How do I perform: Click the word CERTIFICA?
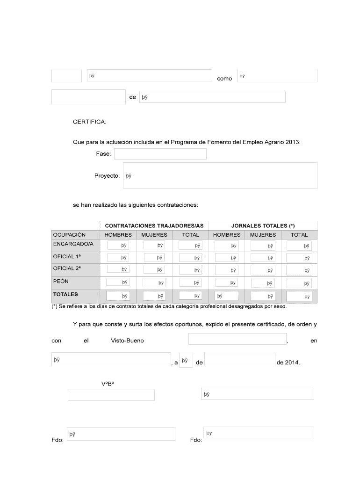[x=90, y=122]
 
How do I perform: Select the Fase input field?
[x=160, y=154]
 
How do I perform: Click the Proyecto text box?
[x=220, y=175]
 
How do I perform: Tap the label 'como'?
[x=224, y=79]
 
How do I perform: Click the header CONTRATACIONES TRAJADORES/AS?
[x=154, y=225]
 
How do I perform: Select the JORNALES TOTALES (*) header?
[x=263, y=225]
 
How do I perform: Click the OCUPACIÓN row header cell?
[x=70, y=235]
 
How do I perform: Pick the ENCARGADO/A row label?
[x=73, y=244]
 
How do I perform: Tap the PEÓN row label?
[x=61, y=281]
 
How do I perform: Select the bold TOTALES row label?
[x=65, y=295]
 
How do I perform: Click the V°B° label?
[x=108, y=384]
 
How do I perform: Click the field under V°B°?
[x=111, y=395]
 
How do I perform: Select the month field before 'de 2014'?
[x=239, y=359]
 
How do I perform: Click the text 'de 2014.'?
[x=288, y=363]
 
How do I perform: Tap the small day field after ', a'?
[x=186, y=360]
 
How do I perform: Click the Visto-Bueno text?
[x=127, y=341]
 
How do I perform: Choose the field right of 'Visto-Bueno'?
[x=237, y=339]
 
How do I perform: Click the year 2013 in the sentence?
[x=293, y=142]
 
